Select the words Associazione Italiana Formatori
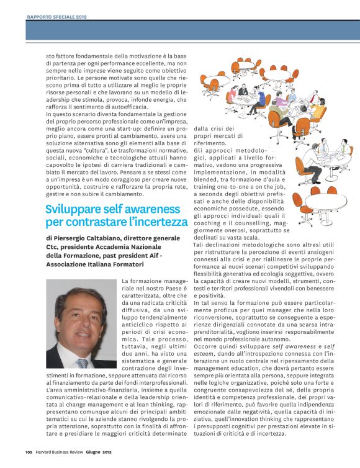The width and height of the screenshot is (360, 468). tap(86, 264)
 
